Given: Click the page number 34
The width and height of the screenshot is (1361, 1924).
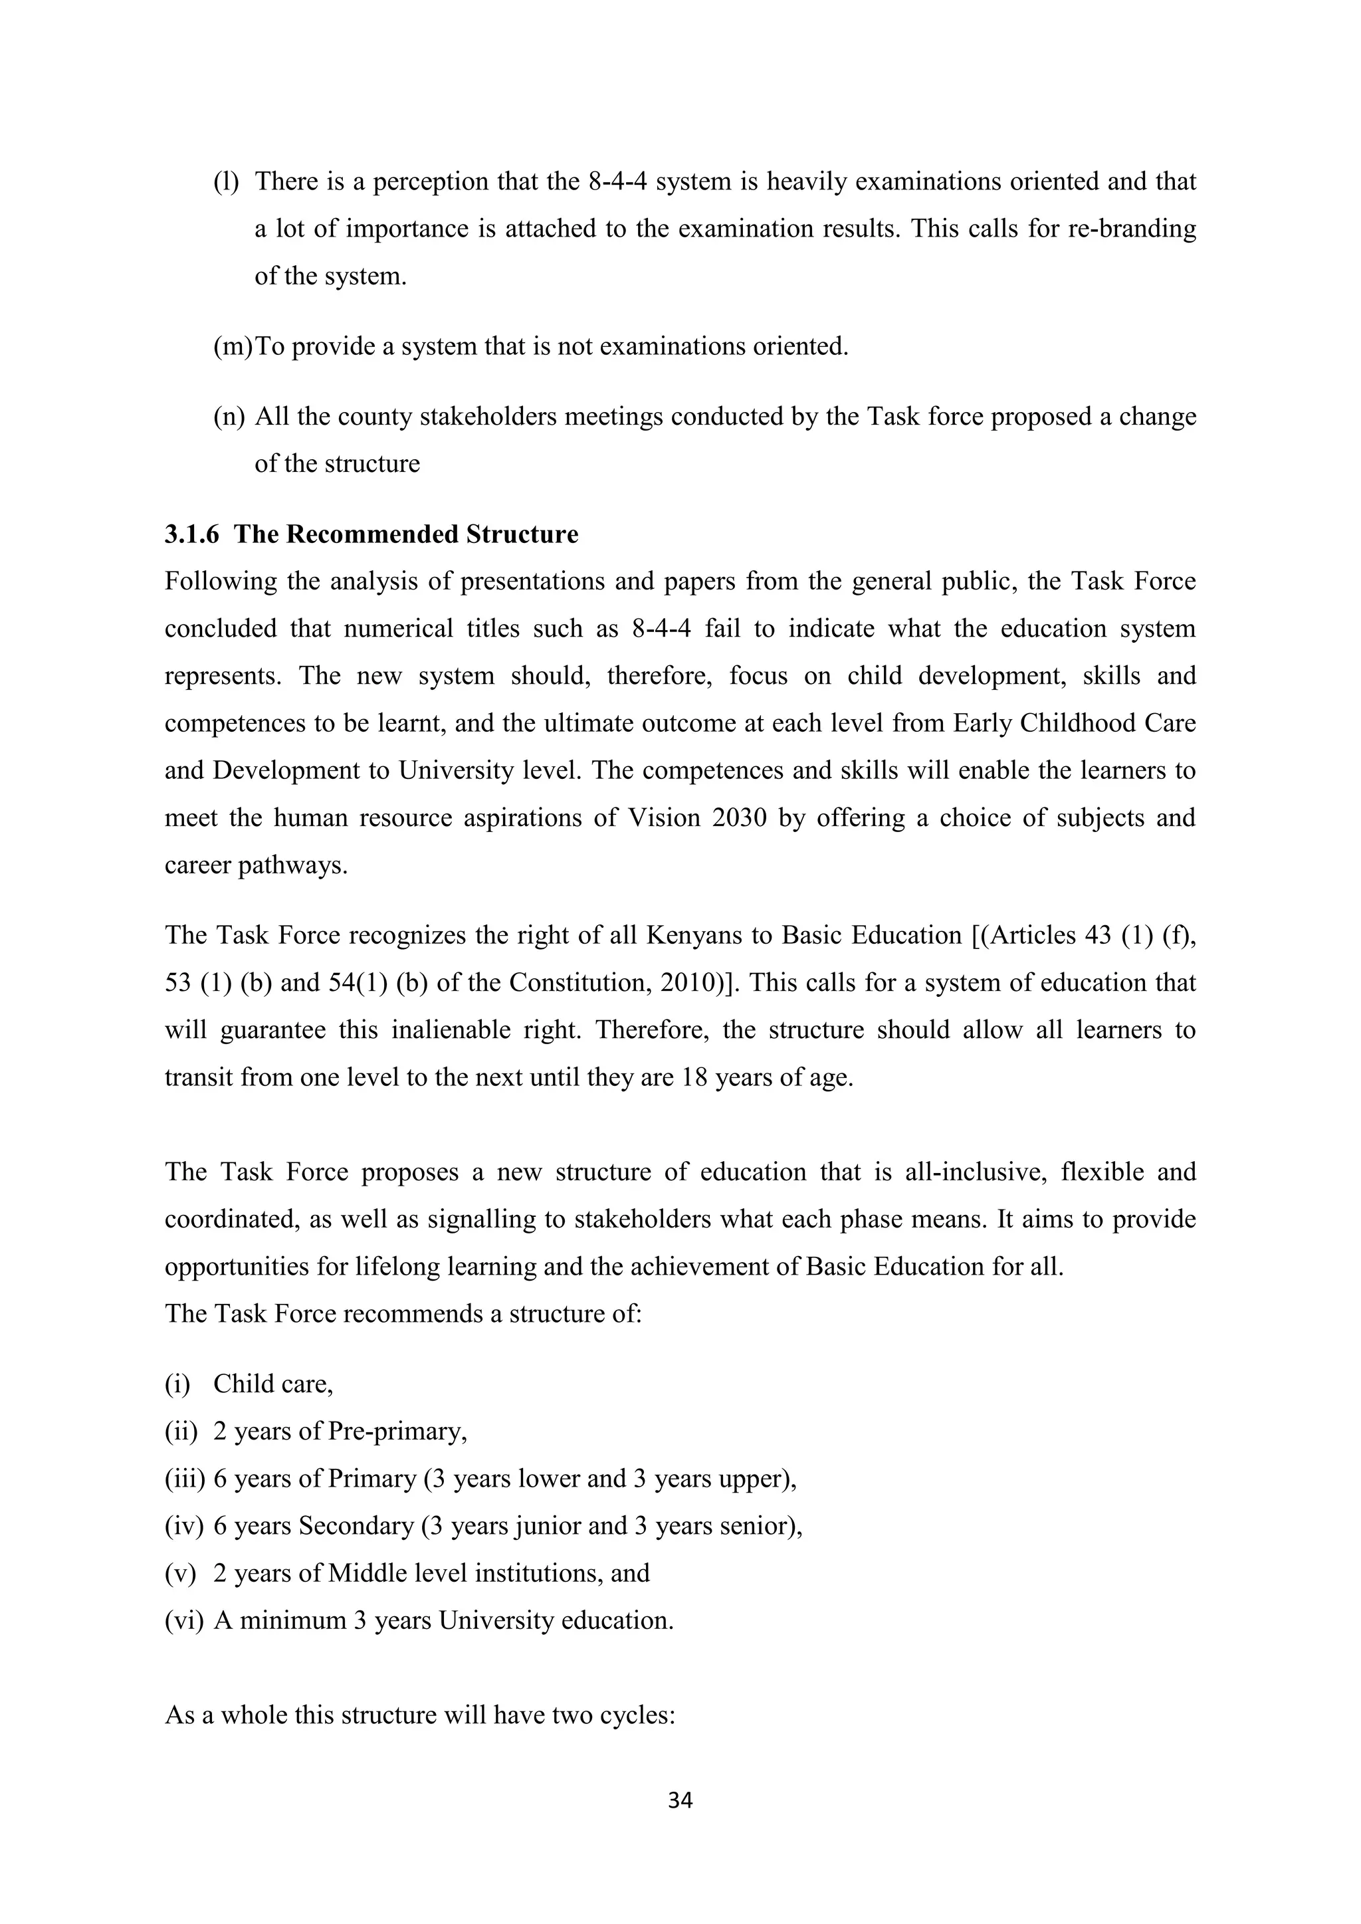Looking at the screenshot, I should [680, 1800].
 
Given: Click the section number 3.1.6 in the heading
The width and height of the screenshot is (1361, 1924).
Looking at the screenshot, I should [191, 534].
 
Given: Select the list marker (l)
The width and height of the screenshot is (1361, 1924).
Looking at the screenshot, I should [226, 181].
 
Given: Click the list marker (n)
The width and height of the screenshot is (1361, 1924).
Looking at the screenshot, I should [228, 417].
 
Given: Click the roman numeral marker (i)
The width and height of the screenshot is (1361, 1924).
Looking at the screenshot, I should [177, 1384].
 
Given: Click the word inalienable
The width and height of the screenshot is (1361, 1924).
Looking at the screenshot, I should [451, 1030].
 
